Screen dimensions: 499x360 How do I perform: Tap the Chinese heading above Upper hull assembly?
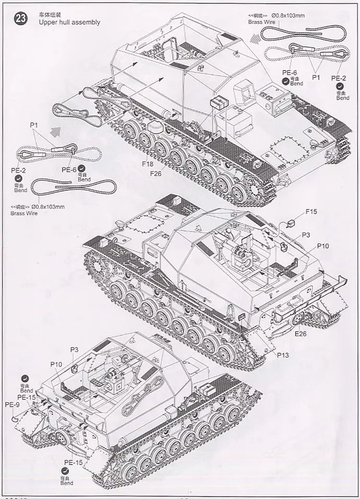(x=49, y=14)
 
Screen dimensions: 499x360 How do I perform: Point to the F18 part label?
(x=148, y=163)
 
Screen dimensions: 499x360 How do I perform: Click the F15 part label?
(x=312, y=212)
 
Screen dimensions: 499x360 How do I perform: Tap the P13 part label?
(x=283, y=355)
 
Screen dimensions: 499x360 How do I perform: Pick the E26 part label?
(x=301, y=334)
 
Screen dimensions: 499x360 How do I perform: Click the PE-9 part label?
(x=11, y=404)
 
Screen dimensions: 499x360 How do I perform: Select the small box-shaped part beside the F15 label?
(x=291, y=223)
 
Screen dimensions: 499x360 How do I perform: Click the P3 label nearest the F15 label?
(x=306, y=236)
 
